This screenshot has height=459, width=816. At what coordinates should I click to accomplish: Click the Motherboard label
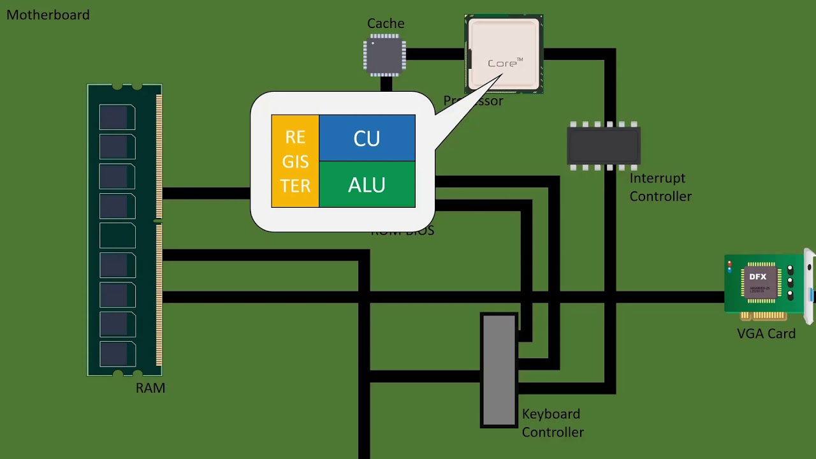48,15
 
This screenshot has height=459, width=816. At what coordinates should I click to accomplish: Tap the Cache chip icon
384,55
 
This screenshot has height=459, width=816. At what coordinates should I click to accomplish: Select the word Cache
386,24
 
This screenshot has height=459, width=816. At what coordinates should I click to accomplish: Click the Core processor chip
504,54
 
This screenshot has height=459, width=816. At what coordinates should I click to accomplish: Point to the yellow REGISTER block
295,161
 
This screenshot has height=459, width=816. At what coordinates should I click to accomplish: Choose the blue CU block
367,138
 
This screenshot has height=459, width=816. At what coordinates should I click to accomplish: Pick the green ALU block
367,185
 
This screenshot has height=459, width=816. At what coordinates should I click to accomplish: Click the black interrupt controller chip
604,146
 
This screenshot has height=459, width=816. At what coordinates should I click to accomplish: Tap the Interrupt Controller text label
660,187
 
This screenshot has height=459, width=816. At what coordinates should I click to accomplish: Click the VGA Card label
766,333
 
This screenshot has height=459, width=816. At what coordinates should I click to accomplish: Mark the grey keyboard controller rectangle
499,370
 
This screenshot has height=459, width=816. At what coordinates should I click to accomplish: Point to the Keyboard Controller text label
552,423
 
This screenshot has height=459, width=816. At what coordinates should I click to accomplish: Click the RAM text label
150,388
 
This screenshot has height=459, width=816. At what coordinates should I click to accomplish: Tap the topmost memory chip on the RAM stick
117,117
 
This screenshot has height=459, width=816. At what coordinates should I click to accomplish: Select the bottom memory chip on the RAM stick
117,354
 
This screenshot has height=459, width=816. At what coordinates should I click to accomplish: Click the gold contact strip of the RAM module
159,229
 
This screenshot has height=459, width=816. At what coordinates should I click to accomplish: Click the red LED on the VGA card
729,263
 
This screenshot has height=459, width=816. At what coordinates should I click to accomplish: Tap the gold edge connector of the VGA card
763,316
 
